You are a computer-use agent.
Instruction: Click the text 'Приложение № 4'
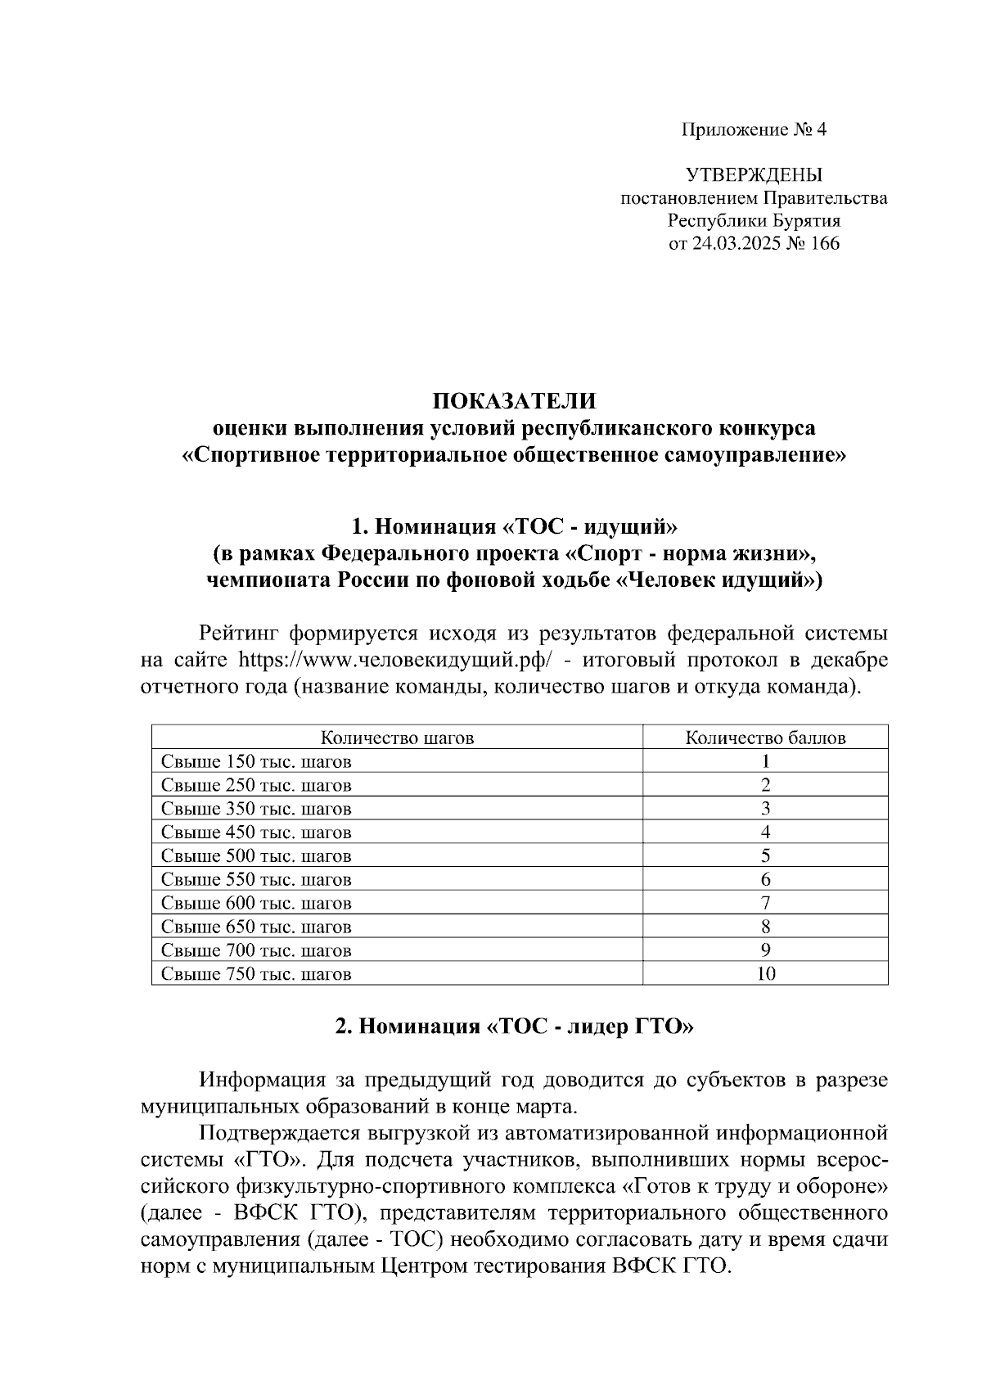pos(754,129)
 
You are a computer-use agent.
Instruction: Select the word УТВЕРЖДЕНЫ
pos(754,174)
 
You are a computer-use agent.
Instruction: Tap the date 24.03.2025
pos(739,243)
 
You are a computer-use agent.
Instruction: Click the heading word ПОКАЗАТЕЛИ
pos(514,401)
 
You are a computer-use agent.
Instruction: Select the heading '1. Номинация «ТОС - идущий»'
pos(514,524)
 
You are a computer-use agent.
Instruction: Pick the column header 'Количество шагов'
pos(397,738)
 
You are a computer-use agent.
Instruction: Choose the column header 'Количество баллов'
pos(765,738)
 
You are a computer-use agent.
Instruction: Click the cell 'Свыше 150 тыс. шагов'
pos(256,761)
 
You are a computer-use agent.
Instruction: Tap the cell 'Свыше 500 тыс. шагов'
pos(256,856)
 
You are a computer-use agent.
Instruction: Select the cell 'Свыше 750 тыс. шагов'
pos(256,974)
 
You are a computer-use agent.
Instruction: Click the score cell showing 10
pos(765,974)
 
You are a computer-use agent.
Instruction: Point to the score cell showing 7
pos(765,904)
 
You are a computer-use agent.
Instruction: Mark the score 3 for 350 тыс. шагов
pos(765,809)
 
